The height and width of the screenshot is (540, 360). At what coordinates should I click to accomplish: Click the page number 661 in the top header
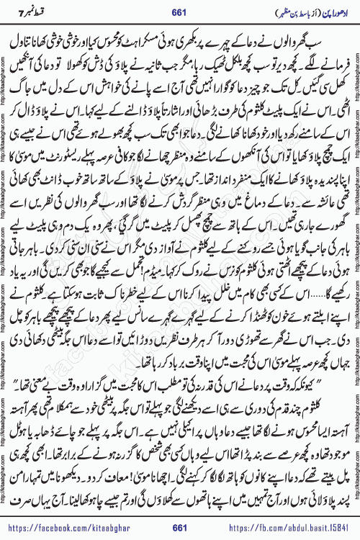180,8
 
